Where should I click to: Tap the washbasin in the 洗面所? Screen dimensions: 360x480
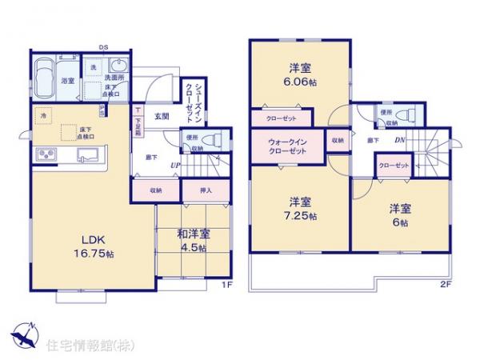120,66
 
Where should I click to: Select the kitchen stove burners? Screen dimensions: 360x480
45,154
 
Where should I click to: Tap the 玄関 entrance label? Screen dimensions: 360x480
161,117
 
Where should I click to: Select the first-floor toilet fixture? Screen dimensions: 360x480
211,139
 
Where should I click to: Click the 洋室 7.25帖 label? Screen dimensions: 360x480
302,209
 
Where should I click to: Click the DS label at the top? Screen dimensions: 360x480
104,46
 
